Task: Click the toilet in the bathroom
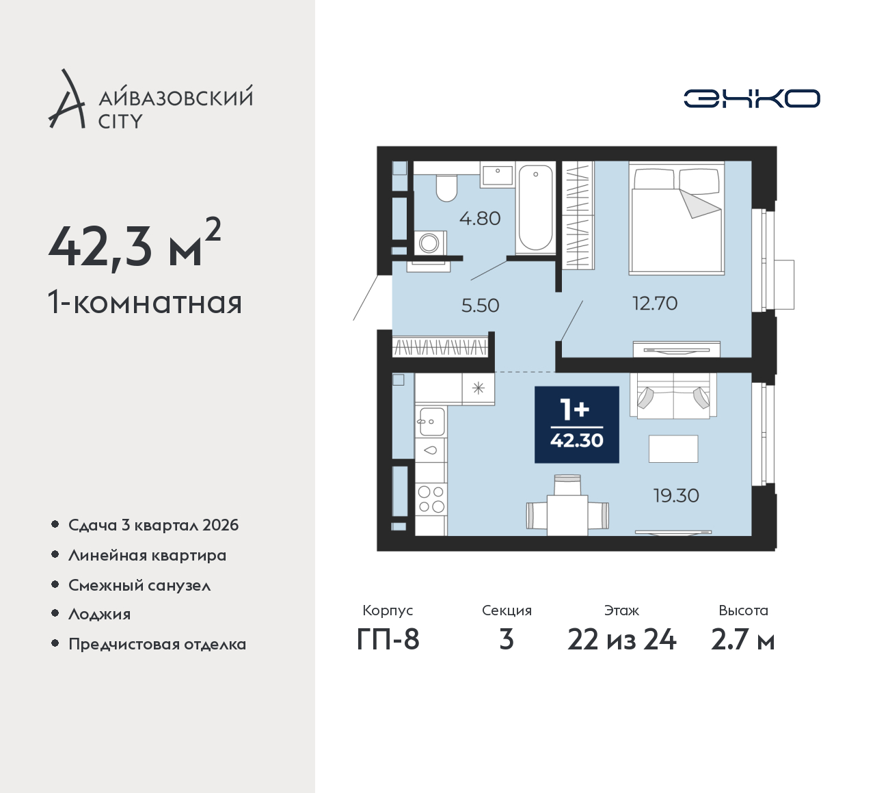click(446, 188)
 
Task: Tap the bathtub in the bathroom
click(535, 208)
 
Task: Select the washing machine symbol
click(429, 243)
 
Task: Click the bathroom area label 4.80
click(480, 219)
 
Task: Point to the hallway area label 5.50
click(481, 306)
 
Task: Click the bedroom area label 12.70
click(655, 303)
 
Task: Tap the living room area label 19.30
click(676, 496)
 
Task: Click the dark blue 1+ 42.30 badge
click(577, 425)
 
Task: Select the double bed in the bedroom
click(677, 219)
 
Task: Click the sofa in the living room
click(673, 396)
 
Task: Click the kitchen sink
click(431, 421)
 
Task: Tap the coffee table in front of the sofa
click(673, 448)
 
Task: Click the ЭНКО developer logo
click(751, 98)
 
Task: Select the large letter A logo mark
click(66, 98)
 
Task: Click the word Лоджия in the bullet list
click(99, 615)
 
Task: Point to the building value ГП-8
click(388, 640)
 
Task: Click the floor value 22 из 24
click(621, 640)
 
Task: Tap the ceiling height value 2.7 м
click(743, 640)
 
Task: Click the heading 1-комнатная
click(145, 303)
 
